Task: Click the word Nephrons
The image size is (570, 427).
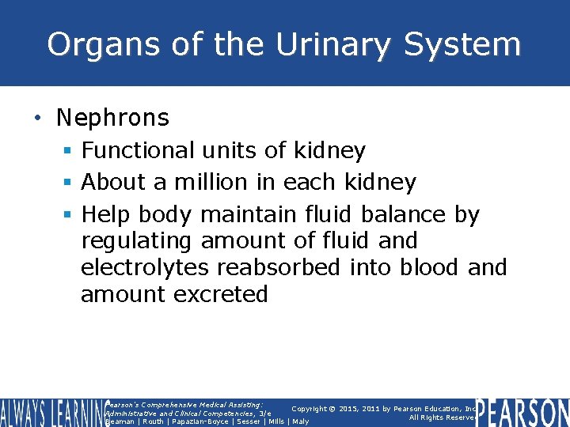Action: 112,118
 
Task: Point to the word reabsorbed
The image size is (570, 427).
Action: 275,267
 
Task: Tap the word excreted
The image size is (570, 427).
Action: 221,294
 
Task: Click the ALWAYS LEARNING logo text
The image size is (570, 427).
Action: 51,413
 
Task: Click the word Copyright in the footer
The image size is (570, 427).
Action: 309,409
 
